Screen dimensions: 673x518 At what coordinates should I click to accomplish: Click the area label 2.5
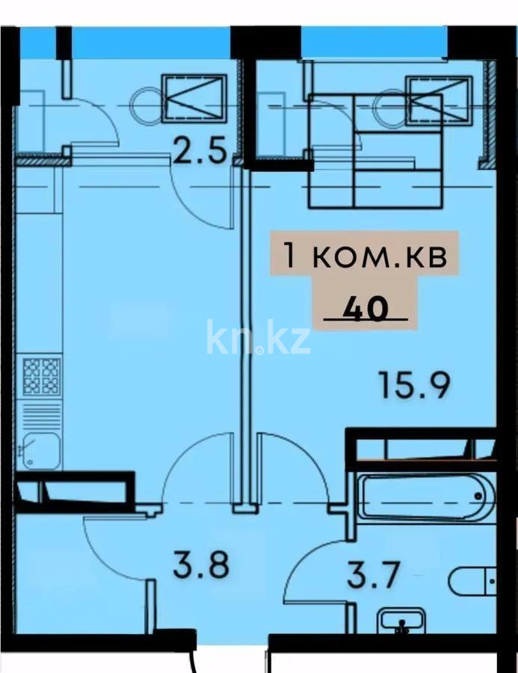199,153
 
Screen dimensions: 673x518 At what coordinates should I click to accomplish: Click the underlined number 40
366,309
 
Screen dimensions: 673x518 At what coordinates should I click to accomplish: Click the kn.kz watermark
259,337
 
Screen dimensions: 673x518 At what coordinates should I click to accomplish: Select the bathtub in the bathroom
425,498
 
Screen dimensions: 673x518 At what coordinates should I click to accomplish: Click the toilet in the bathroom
474,581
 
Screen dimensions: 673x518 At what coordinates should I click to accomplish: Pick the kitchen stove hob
41,376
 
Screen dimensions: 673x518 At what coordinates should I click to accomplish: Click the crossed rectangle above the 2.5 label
194,97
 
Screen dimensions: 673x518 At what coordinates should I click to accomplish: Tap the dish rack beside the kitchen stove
41,414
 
